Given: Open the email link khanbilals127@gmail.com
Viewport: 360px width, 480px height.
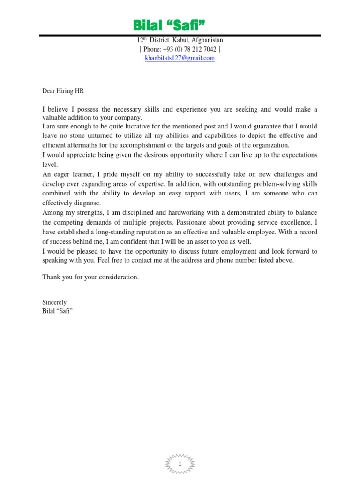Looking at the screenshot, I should point(180,58).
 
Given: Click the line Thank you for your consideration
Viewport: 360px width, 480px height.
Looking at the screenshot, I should point(90,277).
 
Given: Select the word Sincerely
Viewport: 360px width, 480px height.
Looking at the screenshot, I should point(54,302).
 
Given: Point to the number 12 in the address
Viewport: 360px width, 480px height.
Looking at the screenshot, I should point(139,41).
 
